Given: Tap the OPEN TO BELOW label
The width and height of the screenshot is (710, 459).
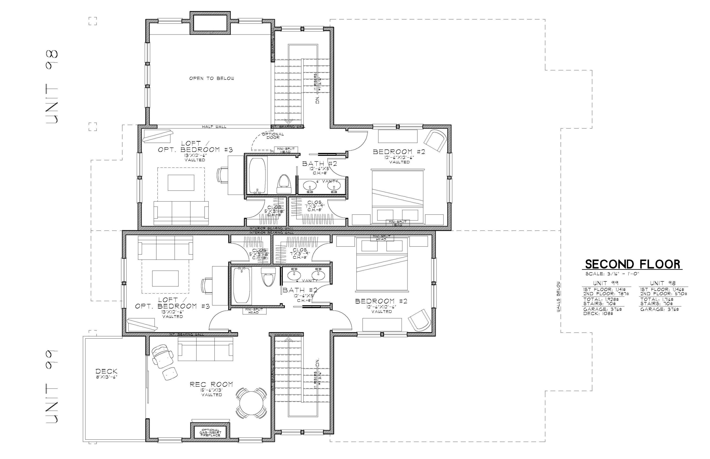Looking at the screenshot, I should (x=212, y=78).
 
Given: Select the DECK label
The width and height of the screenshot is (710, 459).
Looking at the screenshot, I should (x=106, y=371).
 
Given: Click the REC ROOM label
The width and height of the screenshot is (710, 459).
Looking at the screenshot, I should (x=211, y=385).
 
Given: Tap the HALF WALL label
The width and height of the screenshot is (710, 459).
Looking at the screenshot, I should (x=214, y=127).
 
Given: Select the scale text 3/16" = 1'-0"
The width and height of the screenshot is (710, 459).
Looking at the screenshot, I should (x=612, y=274).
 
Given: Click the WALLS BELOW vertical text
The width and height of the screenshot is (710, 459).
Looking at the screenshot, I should (x=558, y=297).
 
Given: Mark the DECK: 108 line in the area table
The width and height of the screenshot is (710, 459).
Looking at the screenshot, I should (x=598, y=314).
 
